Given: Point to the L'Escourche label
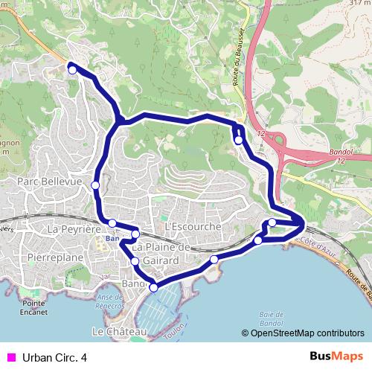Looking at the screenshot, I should [x=193, y=226].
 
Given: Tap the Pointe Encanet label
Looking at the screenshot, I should [x=34, y=307].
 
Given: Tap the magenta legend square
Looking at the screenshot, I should [x=10, y=358].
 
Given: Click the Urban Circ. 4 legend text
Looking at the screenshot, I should [x=55, y=358].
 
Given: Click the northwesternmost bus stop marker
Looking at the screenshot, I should [x=72, y=69].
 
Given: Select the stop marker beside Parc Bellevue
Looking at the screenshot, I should [x=95, y=185].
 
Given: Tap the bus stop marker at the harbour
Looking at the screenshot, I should [x=154, y=287].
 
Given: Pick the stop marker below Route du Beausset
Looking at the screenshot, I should [x=239, y=139].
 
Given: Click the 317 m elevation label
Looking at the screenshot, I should [x=359, y=2].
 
